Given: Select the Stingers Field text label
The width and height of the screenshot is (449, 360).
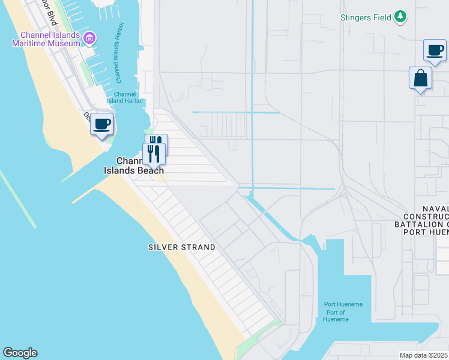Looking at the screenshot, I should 366,17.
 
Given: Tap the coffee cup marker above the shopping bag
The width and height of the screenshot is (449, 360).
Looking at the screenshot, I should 435,50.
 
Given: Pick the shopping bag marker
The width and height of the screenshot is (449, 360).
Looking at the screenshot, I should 420,78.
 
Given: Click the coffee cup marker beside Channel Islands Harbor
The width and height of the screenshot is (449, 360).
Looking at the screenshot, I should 101,124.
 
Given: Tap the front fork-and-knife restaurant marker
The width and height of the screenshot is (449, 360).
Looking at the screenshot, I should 154,154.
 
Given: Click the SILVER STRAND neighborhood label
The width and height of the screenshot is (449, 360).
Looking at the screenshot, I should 181,247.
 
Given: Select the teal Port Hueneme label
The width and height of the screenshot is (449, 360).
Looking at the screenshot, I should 343,304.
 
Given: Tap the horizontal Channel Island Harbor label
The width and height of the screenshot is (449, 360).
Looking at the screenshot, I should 125,97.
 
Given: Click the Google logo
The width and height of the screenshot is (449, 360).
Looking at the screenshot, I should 20,353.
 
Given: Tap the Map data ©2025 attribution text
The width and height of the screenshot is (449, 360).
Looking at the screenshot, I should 424,355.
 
